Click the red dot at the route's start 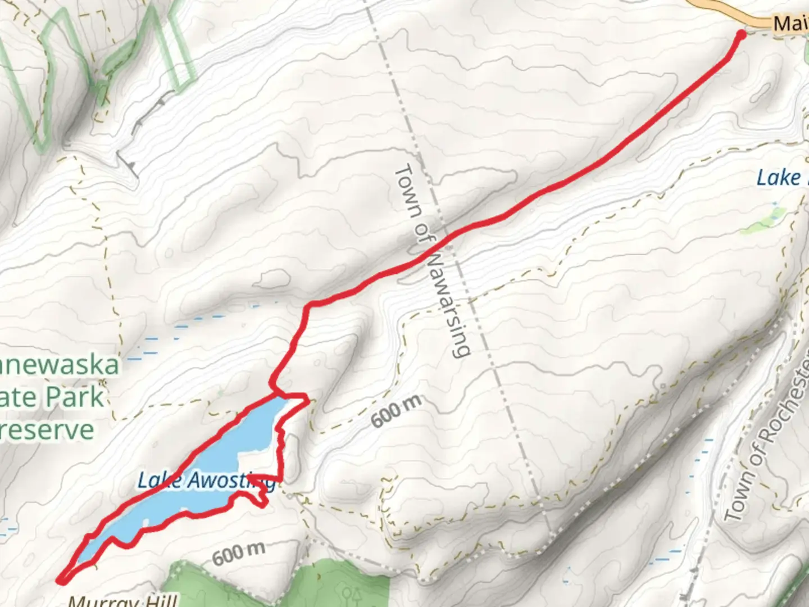point(740,35)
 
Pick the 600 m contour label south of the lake point(239,553)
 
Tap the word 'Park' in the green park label point(76,397)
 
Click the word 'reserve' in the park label point(48,429)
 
